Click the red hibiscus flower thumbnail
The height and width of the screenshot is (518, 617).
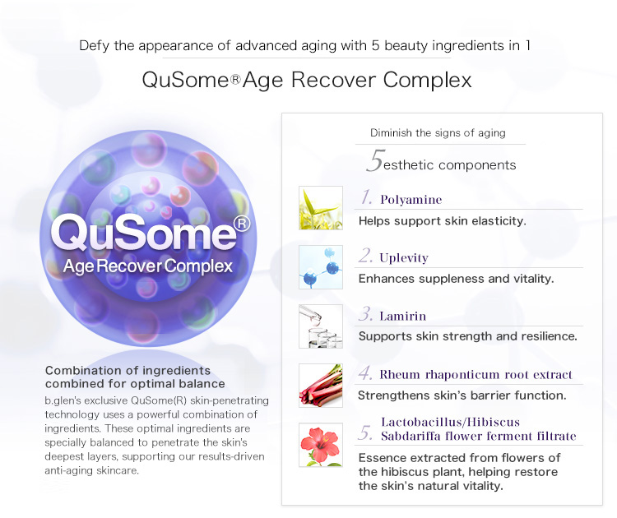tap(321, 445)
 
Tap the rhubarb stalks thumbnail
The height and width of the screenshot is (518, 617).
tap(321, 386)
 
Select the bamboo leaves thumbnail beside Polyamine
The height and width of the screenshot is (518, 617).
tap(321, 208)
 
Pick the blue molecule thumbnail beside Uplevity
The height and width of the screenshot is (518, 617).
tap(321, 267)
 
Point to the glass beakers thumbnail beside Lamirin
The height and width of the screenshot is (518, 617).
tap(321, 326)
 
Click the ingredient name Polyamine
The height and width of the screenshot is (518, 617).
tap(411, 200)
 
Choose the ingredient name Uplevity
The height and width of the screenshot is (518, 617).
tap(404, 258)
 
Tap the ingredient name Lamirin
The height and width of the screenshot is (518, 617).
tap(402, 317)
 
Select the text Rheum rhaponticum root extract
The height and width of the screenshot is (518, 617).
tap(476, 375)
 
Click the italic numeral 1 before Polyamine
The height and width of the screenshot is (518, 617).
tap(366, 197)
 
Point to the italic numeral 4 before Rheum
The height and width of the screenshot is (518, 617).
tap(365, 372)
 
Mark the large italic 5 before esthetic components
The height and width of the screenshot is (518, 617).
tap(375, 160)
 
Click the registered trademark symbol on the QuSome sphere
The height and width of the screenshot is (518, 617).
tap(242, 224)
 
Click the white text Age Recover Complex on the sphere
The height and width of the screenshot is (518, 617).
tap(148, 266)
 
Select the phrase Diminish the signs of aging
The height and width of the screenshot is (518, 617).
tap(438, 133)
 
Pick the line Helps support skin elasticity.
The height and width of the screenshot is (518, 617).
tap(443, 221)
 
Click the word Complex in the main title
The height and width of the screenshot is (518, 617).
tap(427, 81)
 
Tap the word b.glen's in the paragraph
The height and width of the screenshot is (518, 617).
tap(63, 400)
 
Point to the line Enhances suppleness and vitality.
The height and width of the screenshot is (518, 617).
tap(456, 279)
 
